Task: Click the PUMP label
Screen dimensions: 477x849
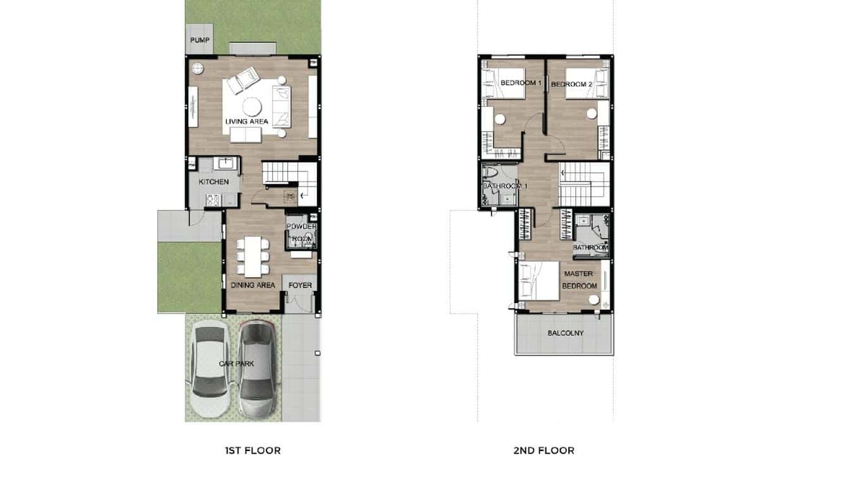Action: coord(200,40)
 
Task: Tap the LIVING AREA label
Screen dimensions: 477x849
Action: coord(247,121)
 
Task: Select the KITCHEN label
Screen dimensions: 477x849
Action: coord(214,182)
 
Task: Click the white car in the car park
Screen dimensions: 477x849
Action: coord(210,369)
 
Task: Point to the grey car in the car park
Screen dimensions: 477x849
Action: coord(257,369)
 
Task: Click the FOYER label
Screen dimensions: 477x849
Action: coord(300,285)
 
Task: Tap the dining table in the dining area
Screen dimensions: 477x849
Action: coord(253,256)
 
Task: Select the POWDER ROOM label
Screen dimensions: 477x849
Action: coord(301,233)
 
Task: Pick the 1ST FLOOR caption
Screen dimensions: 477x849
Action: coord(252,450)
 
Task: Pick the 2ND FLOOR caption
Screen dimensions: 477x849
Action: coord(544,450)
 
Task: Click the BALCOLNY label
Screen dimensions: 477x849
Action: coord(566,333)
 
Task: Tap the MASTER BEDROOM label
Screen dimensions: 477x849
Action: coord(579,280)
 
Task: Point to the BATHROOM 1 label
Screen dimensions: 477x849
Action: coord(505,186)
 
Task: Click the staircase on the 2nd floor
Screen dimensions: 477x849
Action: coord(584,184)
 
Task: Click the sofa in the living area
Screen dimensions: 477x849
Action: coord(281,105)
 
